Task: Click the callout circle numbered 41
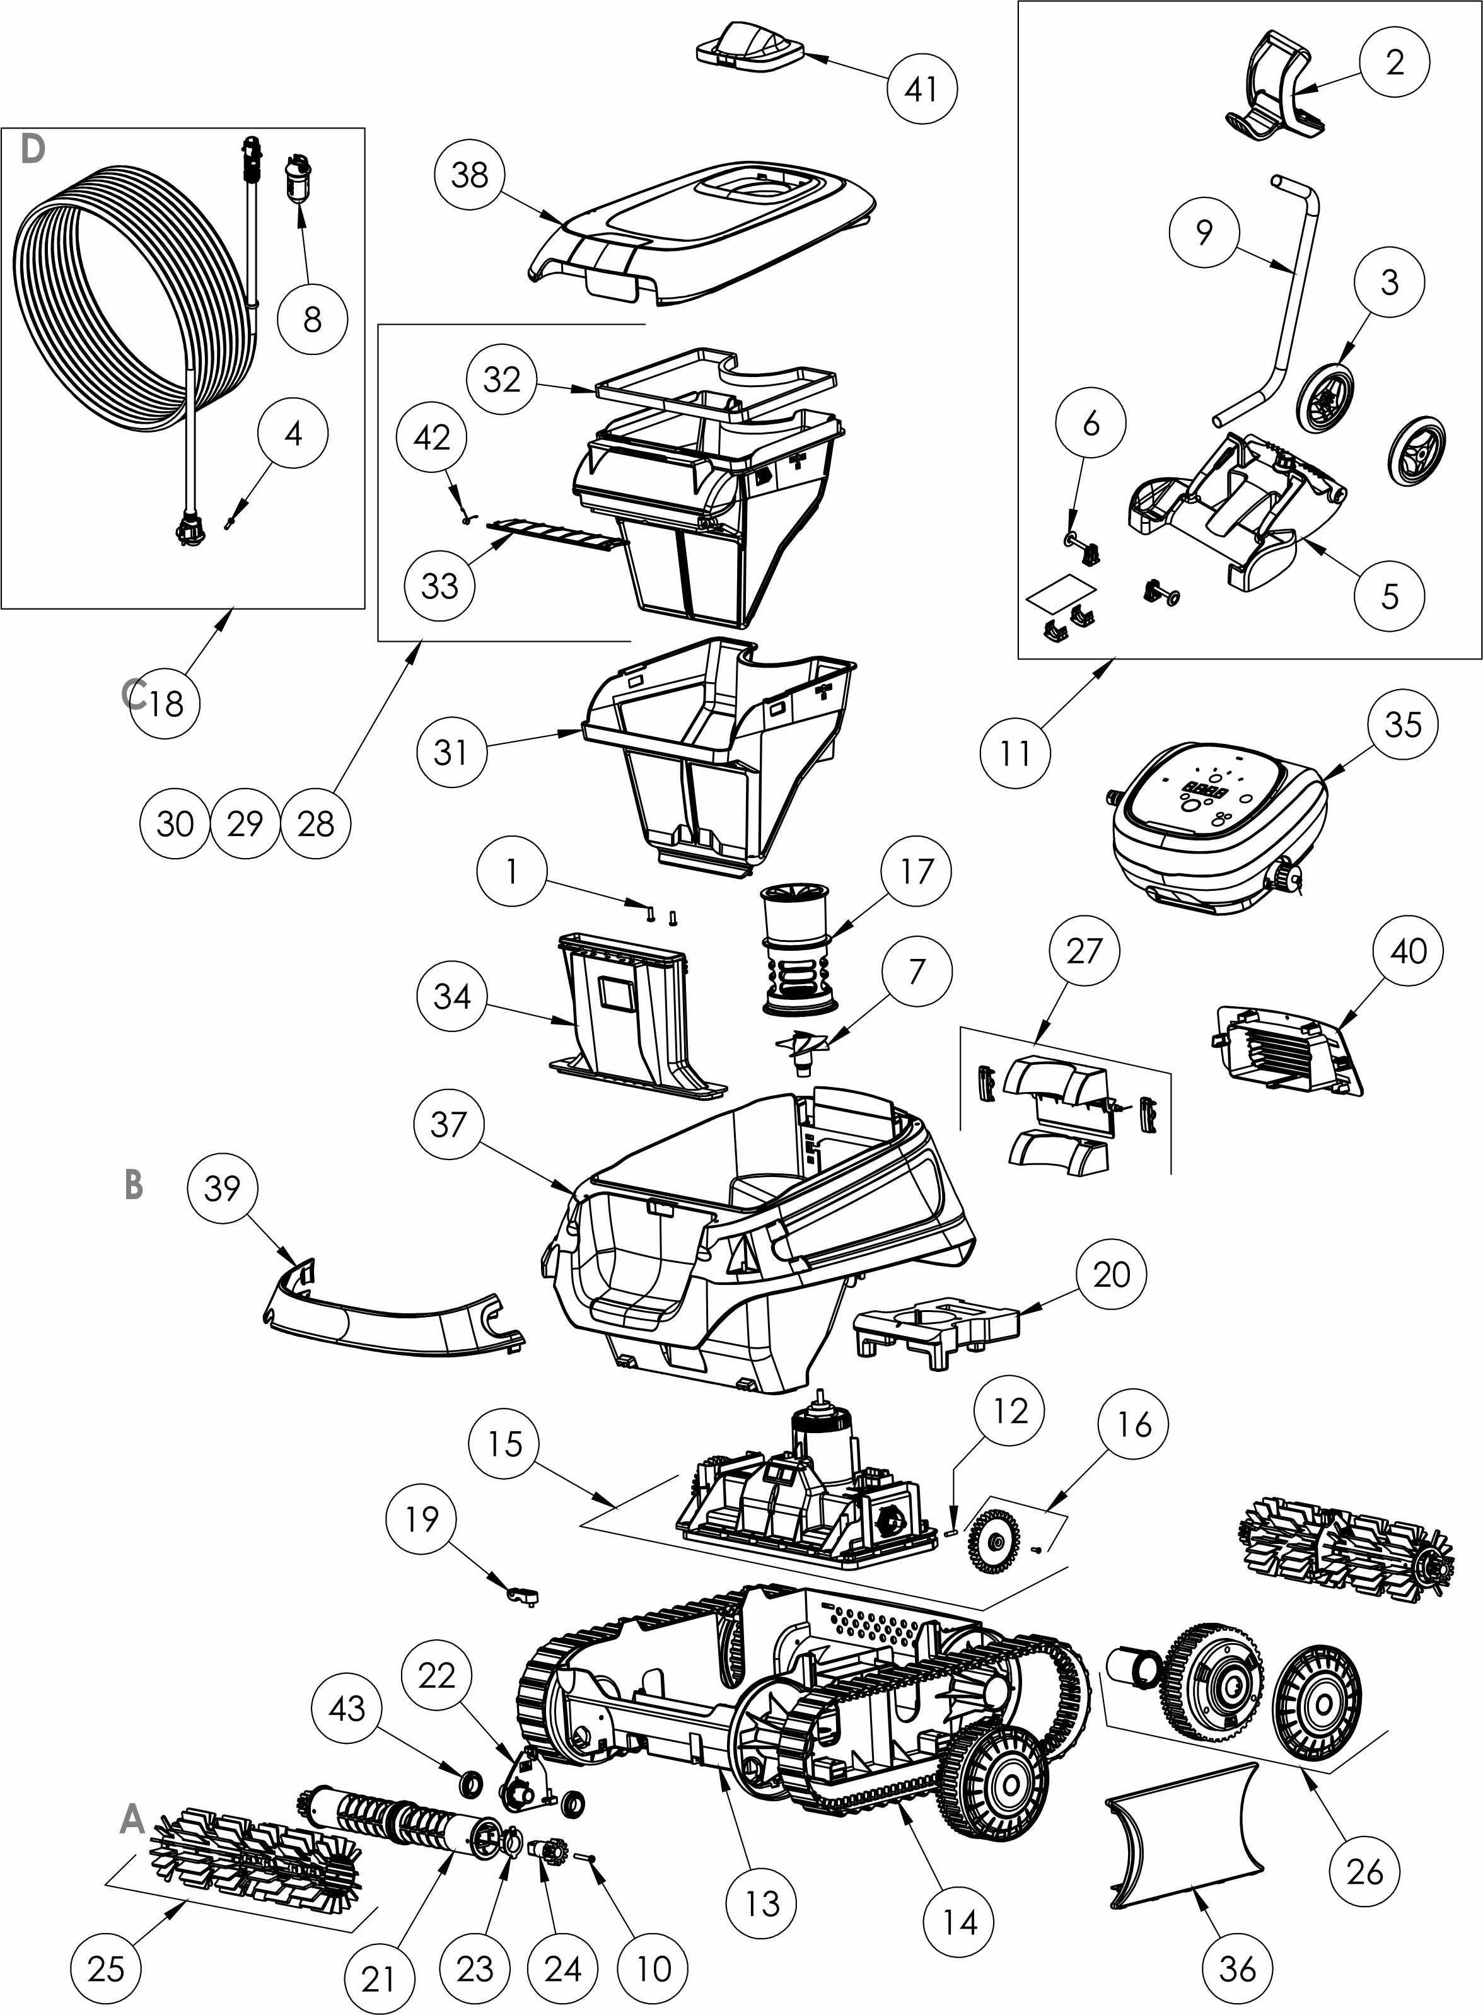tap(922, 88)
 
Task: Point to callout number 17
tap(917, 871)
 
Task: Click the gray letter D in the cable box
tap(32, 151)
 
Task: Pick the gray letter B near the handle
tap(133, 1185)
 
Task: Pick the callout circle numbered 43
tap(347, 1709)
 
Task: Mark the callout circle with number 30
tap(175, 823)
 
